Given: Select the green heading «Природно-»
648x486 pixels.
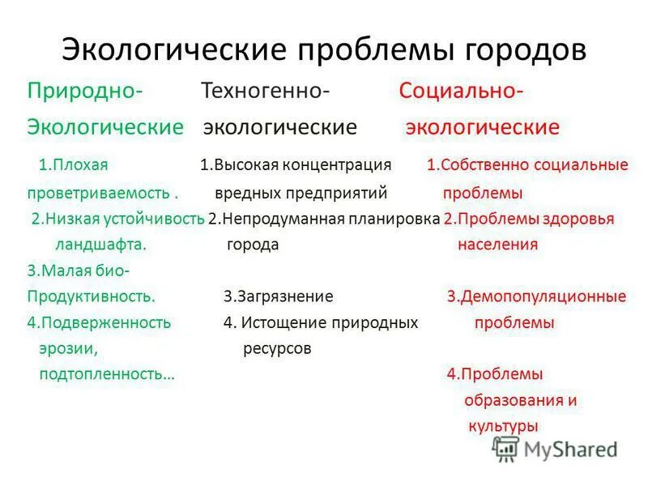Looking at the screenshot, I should [85, 90].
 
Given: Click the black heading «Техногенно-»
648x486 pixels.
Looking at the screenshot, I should [265, 90].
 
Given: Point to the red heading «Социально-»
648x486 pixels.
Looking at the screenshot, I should [460, 90].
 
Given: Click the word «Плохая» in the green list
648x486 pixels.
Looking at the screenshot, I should [80, 165].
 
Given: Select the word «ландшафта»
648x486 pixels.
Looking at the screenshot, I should [100, 245].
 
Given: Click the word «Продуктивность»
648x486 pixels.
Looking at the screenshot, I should [91, 296].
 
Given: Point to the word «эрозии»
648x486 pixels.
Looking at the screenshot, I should [68, 349].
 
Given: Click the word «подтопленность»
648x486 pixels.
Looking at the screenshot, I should [105, 375].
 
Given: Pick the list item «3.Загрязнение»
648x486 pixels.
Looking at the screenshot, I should [279, 296].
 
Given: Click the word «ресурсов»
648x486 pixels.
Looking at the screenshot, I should [277, 349].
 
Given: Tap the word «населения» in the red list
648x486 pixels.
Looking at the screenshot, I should [497, 245].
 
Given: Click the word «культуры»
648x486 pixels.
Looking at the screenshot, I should [502, 425].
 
